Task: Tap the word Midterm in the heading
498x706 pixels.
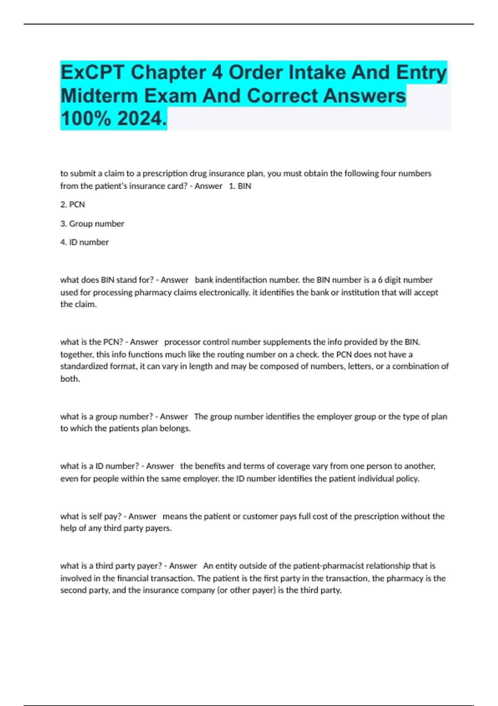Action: (x=99, y=96)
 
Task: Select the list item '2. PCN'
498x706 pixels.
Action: (x=73, y=204)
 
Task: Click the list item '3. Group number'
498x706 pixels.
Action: (x=92, y=223)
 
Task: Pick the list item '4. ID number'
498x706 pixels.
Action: (x=84, y=242)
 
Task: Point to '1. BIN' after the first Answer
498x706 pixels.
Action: (x=240, y=186)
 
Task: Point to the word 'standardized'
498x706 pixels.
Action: (x=84, y=366)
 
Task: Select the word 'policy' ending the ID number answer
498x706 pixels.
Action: (x=407, y=478)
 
